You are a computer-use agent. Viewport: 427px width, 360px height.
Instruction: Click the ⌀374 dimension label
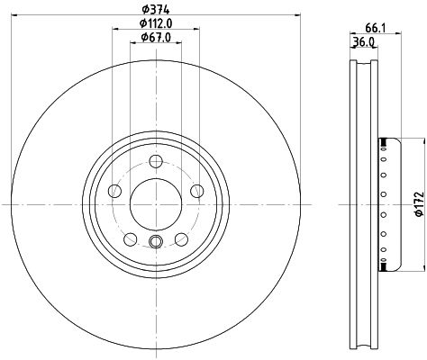pos(156,9)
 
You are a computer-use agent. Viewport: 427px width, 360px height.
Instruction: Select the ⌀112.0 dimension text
pos(156,23)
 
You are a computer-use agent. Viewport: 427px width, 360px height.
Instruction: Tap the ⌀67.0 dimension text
pos(156,37)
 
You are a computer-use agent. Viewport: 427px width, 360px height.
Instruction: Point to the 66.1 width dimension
pos(376,28)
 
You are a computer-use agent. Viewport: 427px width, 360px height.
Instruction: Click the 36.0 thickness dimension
pos(363,42)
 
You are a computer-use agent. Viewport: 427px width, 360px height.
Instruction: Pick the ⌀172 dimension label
pos(419,204)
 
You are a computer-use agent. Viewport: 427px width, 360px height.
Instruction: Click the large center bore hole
pos(156,205)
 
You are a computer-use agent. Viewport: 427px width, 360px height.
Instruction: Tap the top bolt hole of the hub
pos(156,161)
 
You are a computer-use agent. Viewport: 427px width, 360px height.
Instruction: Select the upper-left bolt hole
pos(114,191)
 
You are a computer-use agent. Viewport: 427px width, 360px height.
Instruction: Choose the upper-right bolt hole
pos(197,191)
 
